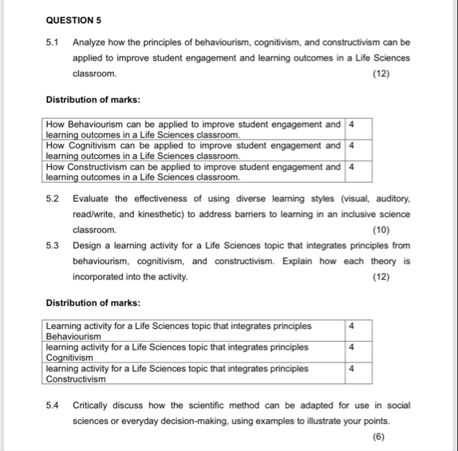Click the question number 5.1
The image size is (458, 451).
point(53,42)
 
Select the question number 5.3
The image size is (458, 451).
point(53,246)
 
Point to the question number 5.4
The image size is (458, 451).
point(53,405)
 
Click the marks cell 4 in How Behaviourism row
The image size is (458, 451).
point(352,125)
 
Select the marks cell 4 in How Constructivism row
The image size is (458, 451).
point(352,167)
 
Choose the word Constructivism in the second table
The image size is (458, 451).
point(78,379)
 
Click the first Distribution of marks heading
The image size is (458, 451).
point(93,100)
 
